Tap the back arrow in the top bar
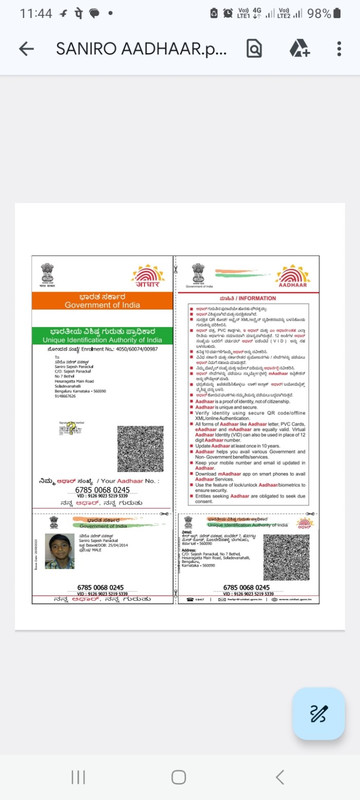[x=26, y=49]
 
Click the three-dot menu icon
[x=339, y=49]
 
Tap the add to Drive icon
[x=299, y=49]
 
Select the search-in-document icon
[x=254, y=49]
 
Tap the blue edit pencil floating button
[x=318, y=714]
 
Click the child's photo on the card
[x=60, y=551]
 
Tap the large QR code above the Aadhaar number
[x=140, y=449]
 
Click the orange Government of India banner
[x=102, y=301]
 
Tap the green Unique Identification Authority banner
[x=102, y=335]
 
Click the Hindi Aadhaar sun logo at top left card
[x=148, y=276]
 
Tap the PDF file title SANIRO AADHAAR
[x=141, y=49]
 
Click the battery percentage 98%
[x=319, y=14]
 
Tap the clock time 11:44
[x=36, y=14]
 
